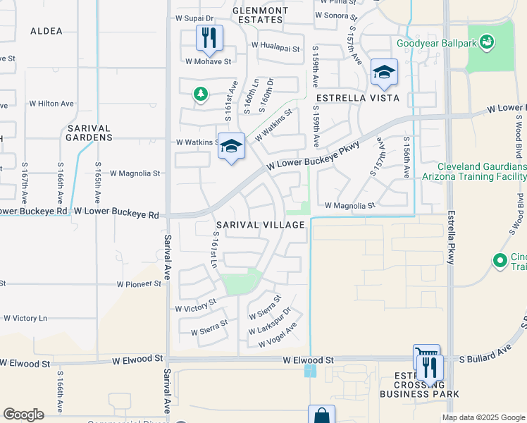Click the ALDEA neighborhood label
tap(46, 31)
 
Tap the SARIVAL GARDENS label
tap(89, 133)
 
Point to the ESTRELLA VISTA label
tap(358, 98)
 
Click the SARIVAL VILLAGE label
tap(260, 225)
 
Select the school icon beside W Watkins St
tap(231, 147)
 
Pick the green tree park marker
tap(201, 94)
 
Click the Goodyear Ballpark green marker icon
tap(486, 44)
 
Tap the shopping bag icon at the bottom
tap(321, 415)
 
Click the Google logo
tap(23, 415)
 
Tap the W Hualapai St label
tap(276, 49)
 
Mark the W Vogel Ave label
tap(278, 334)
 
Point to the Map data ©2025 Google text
tap(483, 417)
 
